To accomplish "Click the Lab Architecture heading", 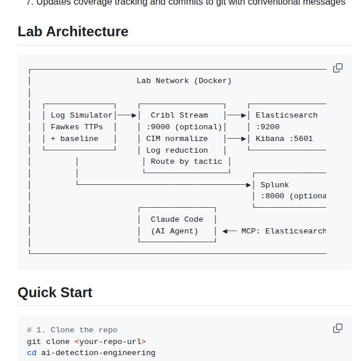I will pyautogui.click(x=73, y=32).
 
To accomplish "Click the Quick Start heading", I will pyautogui.click(x=55, y=292).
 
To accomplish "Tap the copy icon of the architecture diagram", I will pyautogui.click(x=337, y=68).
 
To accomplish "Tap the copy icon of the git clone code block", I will pyautogui.click(x=337, y=328).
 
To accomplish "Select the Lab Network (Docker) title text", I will pyautogui.click(x=184, y=81).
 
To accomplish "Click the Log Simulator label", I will pyautogui.click(x=81, y=115).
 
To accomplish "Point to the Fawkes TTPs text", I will pyautogui.click(x=77, y=127).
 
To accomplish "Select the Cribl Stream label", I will pyautogui.click(x=179, y=115).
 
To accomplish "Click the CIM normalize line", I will pyautogui.click(x=176, y=139).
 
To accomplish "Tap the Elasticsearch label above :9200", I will pyautogui.click(x=286, y=115).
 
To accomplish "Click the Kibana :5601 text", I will pyautogui.click(x=284, y=139).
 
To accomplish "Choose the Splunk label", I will pyautogui.click(x=275, y=185).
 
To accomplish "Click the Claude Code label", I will pyautogui.click(x=176, y=219).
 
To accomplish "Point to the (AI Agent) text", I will pyautogui.click(x=174, y=231).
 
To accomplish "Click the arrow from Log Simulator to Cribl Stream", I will pyautogui.click(x=127, y=115).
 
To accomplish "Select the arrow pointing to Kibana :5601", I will pyautogui.click(x=236, y=139).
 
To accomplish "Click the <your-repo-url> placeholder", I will pyautogui.click(x=110, y=341).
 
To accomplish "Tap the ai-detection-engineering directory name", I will pyautogui.click(x=98, y=353).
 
